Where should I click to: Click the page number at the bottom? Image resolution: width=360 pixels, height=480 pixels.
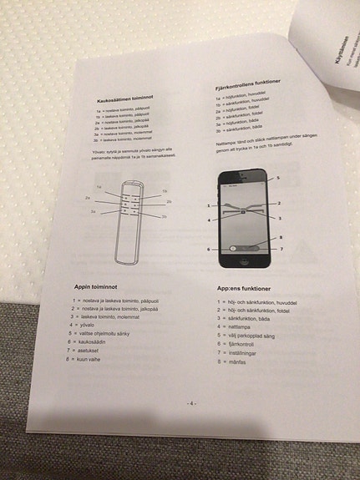(191, 403)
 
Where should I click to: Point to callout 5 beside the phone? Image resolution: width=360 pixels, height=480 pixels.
(278, 179)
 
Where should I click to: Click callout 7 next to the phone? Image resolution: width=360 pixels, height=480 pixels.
(281, 249)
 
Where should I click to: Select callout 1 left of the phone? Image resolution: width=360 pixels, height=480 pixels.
(207, 205)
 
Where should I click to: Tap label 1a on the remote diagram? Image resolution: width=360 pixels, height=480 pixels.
(99, 187)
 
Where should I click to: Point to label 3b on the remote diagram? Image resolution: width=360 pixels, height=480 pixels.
(164, 216)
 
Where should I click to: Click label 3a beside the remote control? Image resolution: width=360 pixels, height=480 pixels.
(94, 212)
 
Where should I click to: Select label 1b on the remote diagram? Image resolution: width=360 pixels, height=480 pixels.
(165, 191)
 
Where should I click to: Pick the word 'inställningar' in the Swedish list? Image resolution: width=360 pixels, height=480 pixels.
(246, 352)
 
